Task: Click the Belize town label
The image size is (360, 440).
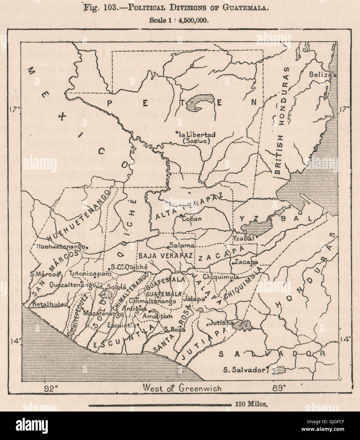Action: click(x=320, y=75)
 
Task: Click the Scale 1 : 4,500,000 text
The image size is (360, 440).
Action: click(x=180, y=20)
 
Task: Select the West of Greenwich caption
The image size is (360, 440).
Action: click(x=182, y=388)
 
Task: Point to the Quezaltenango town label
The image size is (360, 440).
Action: click(x=72, y=285)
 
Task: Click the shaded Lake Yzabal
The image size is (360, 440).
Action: click(x=256, y=226)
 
